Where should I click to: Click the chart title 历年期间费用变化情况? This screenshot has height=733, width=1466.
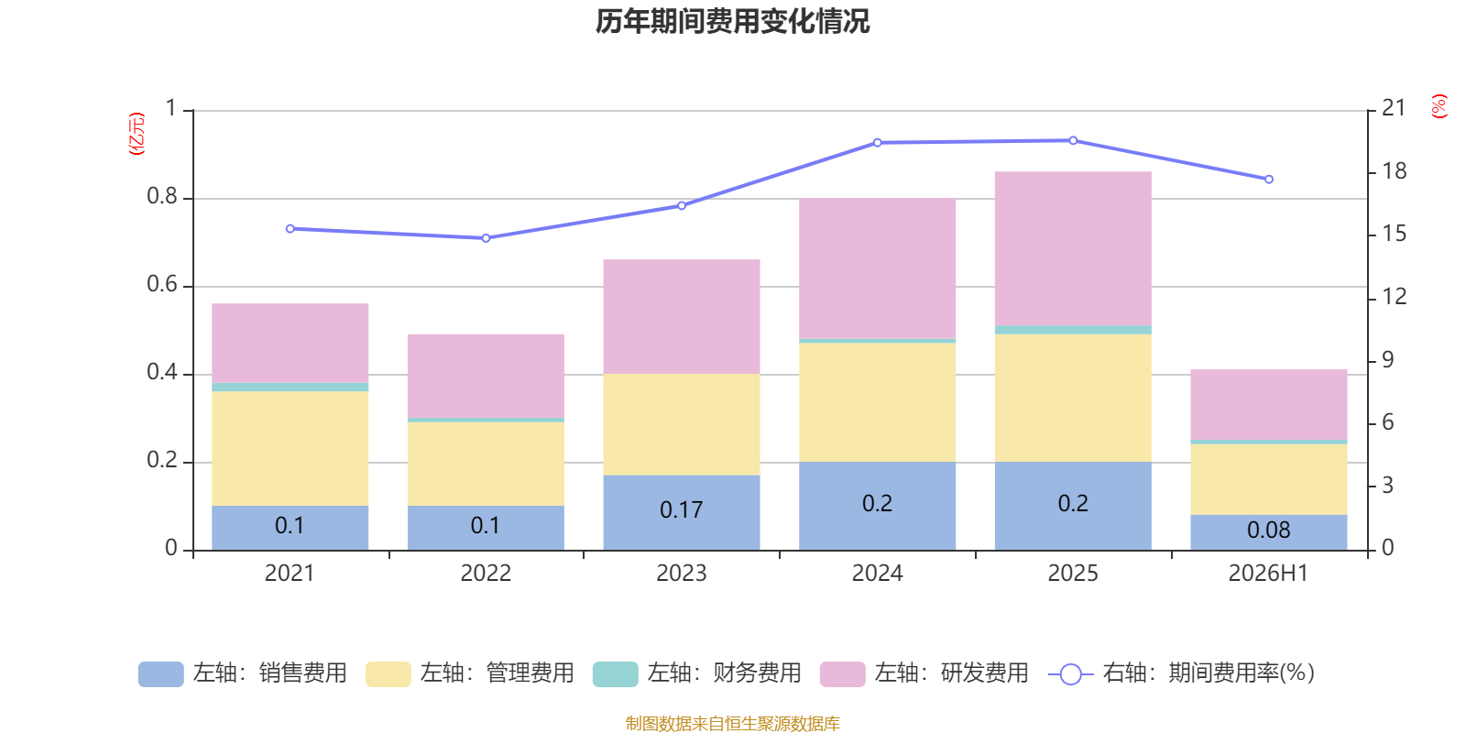732,22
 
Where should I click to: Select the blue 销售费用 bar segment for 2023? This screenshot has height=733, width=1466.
682,512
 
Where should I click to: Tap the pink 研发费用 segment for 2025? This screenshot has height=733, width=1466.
1073,248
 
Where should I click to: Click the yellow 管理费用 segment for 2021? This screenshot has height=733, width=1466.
290,448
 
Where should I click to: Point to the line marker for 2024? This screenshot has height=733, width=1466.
878,143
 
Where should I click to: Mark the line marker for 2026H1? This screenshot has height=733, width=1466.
1269,180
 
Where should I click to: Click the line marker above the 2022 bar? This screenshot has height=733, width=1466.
486,238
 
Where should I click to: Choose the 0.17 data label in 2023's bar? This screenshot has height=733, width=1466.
682,509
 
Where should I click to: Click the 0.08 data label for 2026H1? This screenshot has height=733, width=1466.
1268,531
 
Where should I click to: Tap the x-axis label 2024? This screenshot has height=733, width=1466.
877,574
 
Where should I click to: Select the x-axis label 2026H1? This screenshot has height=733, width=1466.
1268,574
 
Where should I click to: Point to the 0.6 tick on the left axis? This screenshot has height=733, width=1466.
162,284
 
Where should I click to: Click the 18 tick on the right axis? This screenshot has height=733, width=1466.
1394,171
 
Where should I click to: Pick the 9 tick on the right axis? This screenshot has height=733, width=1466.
1388,360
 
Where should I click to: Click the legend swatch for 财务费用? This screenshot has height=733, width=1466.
615,674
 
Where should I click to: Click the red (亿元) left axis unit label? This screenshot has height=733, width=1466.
137,134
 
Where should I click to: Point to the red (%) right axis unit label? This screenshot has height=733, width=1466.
1439,106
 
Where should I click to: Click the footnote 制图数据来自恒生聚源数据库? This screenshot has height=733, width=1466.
732,723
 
